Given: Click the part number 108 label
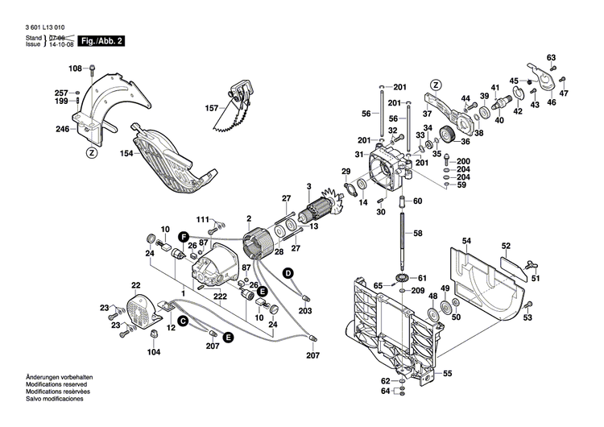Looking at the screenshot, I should pos(75,68).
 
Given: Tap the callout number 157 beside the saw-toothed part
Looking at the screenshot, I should pos(211,108).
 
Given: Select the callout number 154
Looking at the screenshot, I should pos(126,152).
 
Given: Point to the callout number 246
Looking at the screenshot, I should pos(63,129).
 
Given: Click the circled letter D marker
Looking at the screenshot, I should pos(287,274).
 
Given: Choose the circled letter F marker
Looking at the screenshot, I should pos(184,236).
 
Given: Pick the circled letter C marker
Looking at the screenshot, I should pos(183,321).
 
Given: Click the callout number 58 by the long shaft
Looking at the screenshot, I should pos(418,233).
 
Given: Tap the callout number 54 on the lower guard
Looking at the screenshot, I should pos(466,241).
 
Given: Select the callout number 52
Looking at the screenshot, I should pos(506,246).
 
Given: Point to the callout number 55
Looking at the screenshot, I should pos(448,373).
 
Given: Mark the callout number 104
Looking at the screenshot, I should pos(154,352).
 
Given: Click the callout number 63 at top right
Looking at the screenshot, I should pos(552,57).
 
